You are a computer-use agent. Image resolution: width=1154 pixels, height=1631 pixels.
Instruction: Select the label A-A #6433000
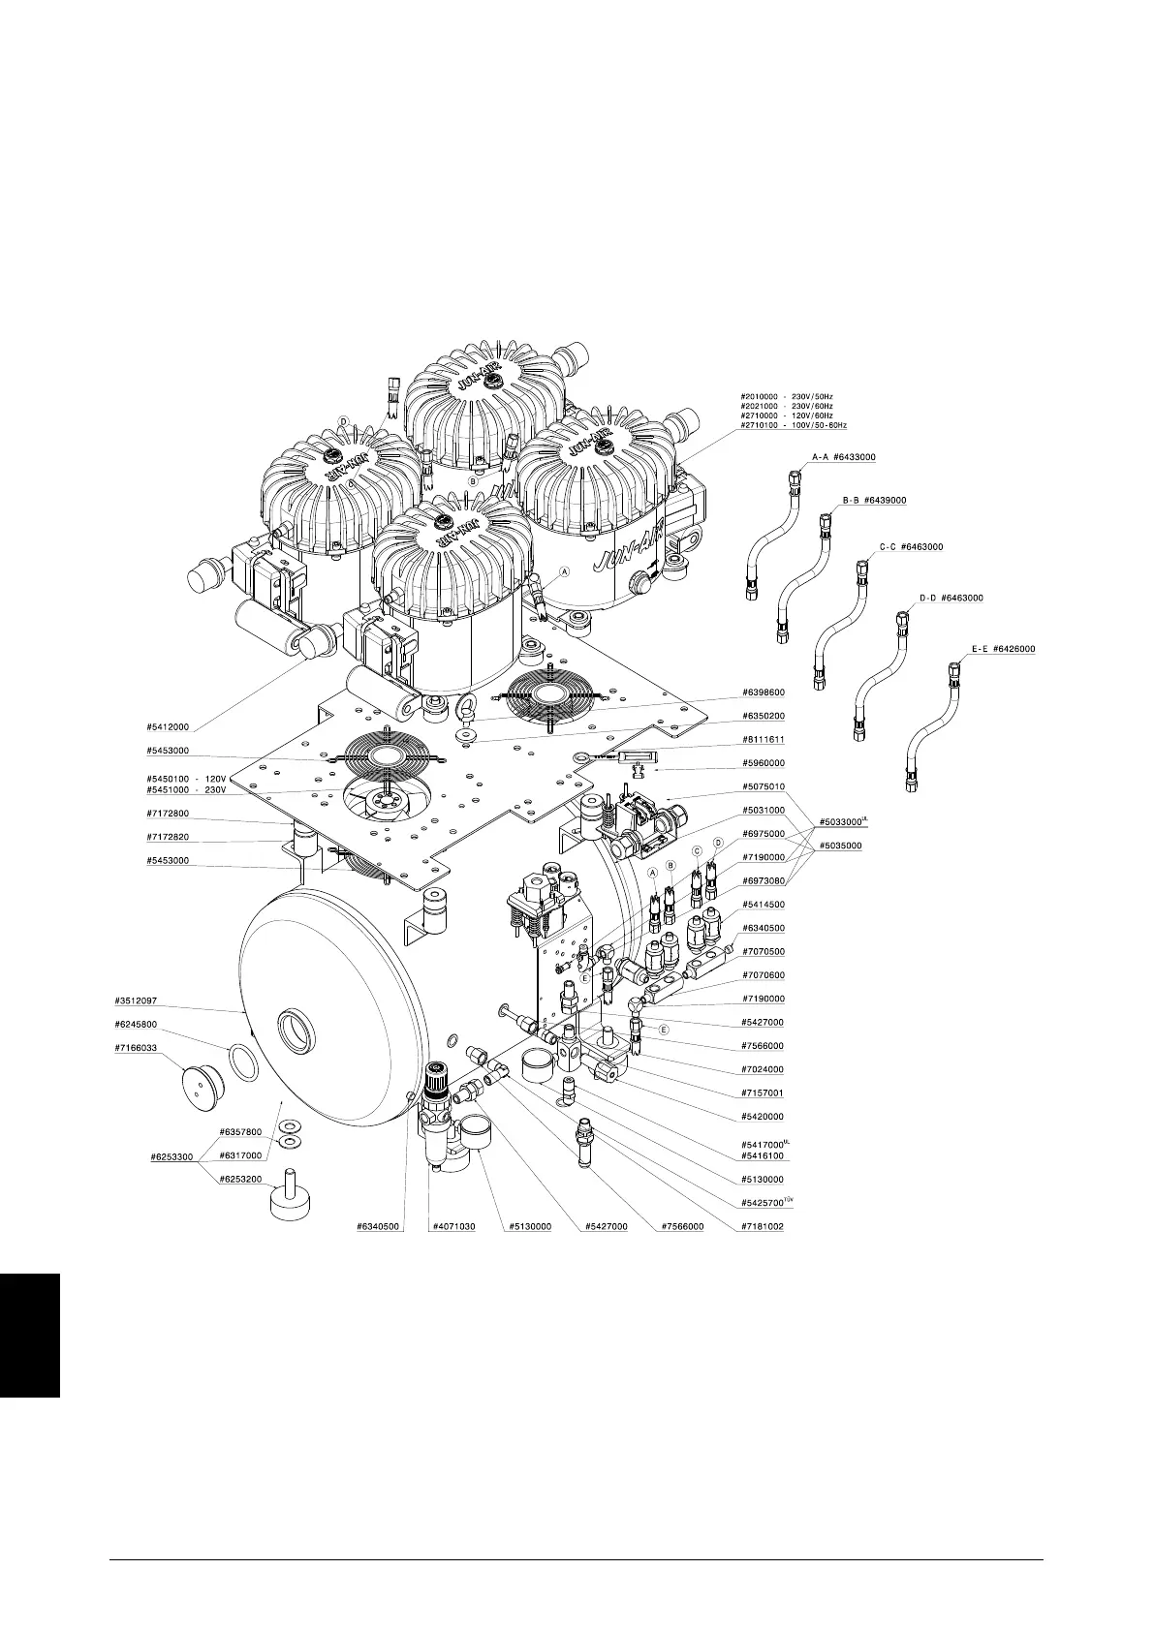[843, 456]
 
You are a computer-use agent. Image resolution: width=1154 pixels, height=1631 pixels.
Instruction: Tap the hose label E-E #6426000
[1003, 649]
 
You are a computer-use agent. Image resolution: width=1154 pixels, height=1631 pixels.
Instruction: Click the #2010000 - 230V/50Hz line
[787, 396]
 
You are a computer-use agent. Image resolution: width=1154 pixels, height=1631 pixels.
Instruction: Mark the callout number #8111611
[764, 740]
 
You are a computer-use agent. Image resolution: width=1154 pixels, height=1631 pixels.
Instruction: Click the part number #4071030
[453, 1226]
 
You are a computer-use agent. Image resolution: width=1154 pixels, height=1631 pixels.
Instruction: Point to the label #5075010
[764, 786]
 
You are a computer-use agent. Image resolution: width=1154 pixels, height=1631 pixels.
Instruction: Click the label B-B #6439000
[874, 500]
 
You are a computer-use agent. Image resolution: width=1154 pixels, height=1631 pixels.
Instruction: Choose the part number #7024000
[764, 1069]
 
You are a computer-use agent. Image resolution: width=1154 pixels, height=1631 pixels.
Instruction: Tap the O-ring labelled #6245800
[244, 1062]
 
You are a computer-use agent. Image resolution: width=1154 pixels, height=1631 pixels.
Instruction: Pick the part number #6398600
[764, 692]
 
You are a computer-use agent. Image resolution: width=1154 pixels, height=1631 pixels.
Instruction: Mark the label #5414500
[764, 905]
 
